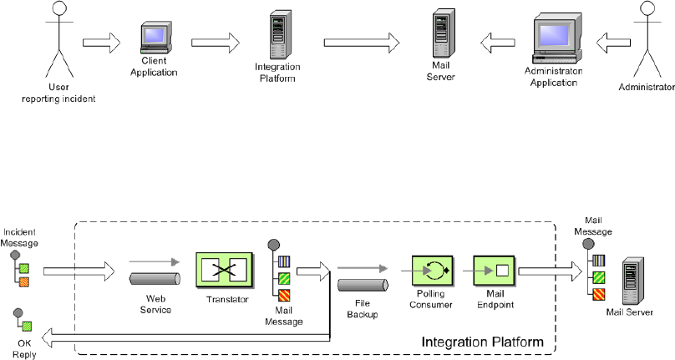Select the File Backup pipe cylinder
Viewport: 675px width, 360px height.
[363, 286]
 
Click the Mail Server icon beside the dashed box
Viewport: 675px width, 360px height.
[632, 284]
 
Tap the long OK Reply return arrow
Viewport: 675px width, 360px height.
[184, 337]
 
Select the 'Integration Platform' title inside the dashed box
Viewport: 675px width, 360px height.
[483, 342]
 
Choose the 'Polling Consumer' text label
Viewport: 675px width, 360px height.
[432, 301]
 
